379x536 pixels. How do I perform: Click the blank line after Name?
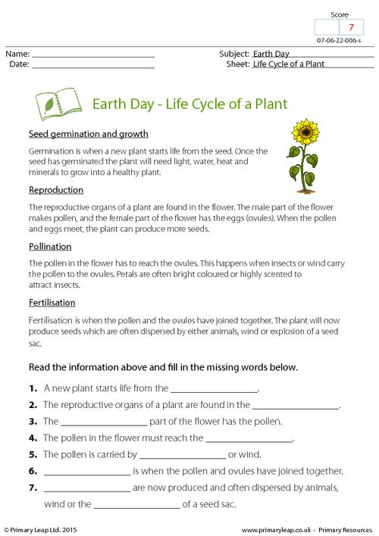(94, 55)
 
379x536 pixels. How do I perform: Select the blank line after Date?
(94, 65)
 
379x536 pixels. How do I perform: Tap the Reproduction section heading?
(56, 189)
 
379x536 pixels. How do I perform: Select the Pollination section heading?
(50, 246)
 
